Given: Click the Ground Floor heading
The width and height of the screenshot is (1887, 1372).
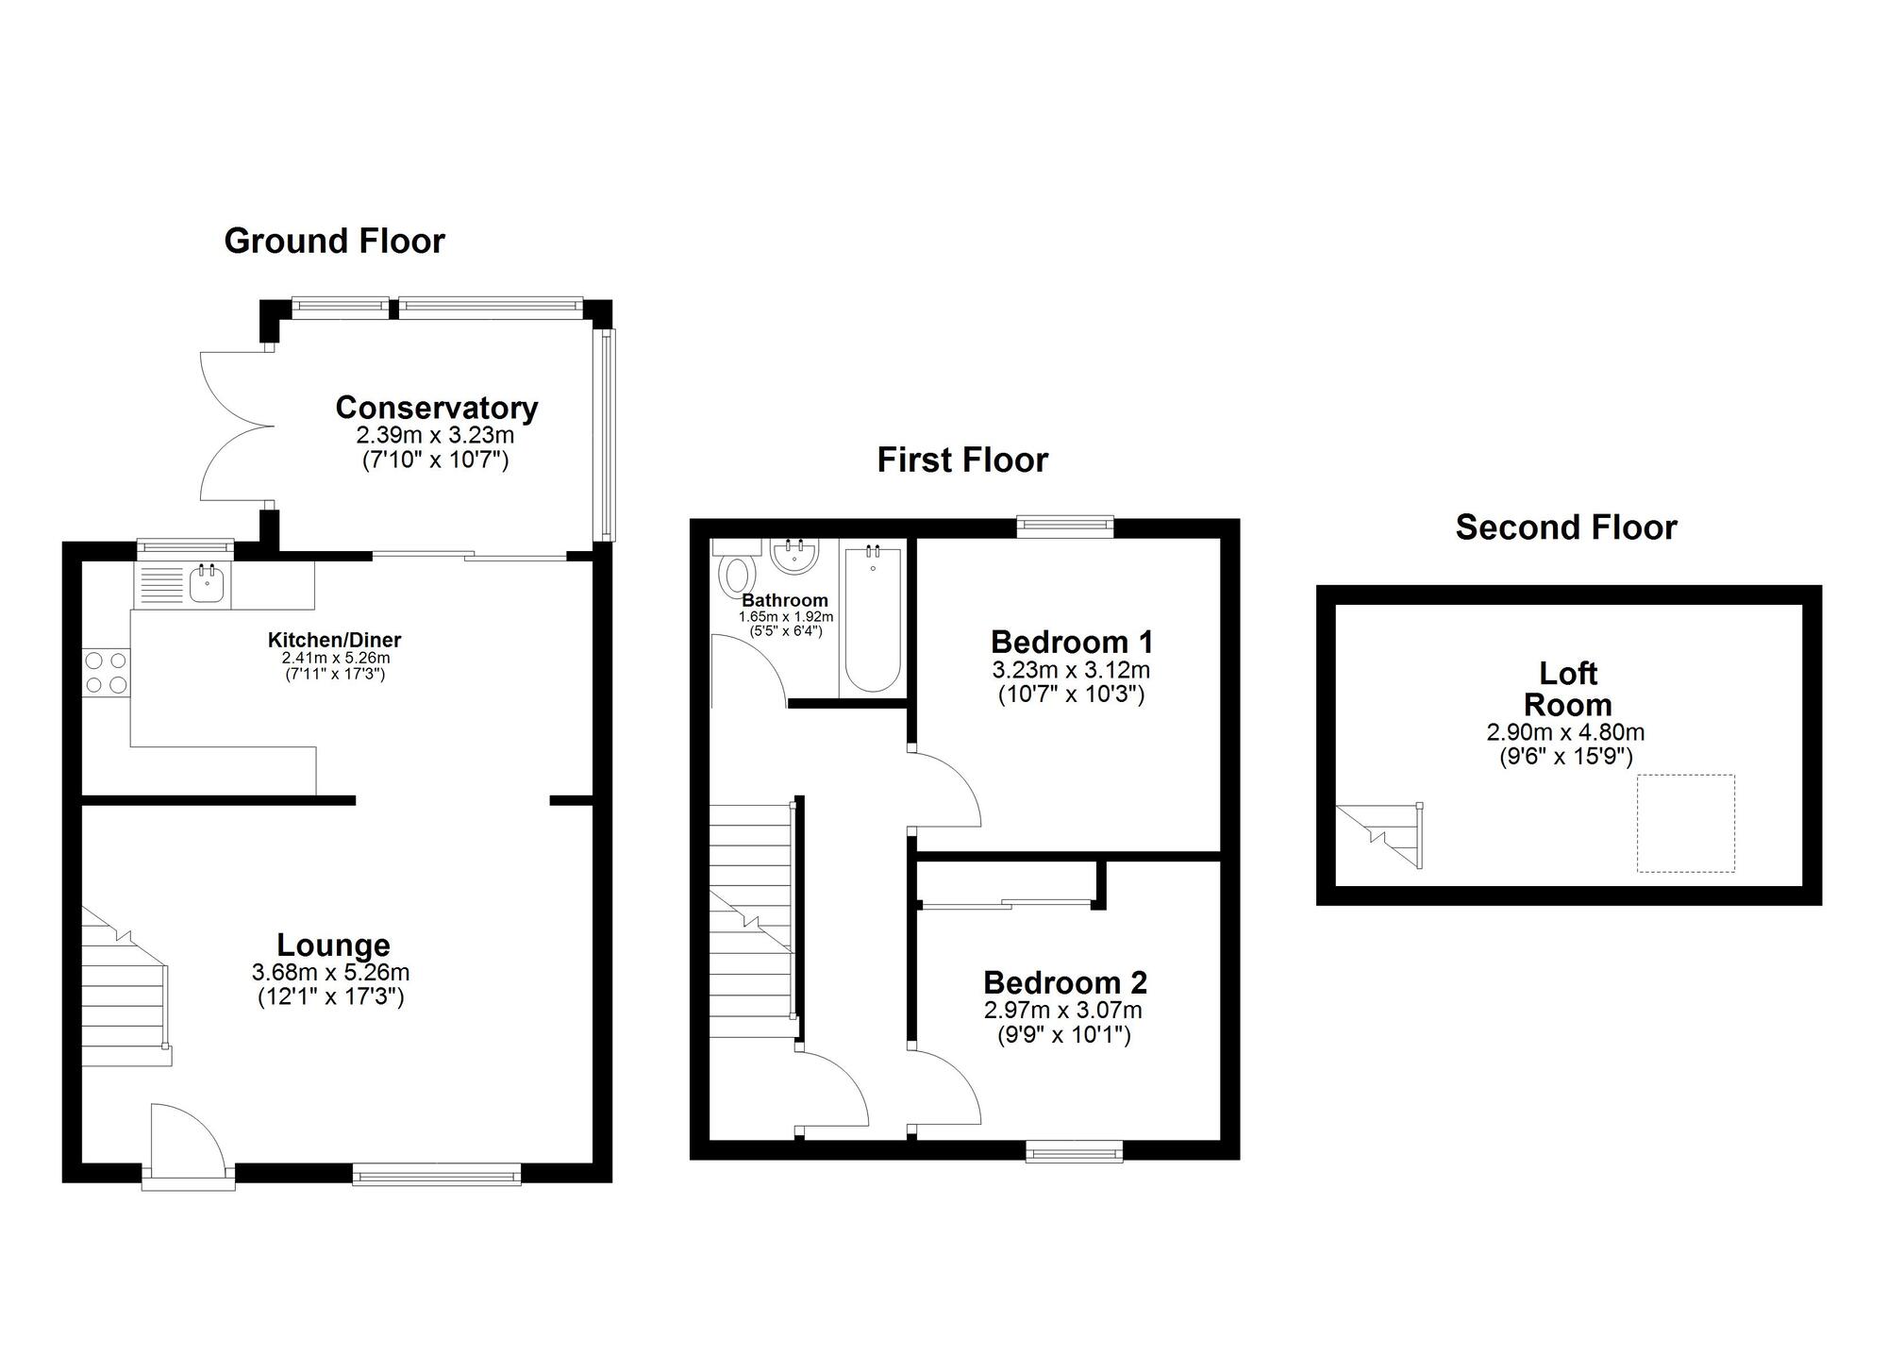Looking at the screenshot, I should [x=334, y=242].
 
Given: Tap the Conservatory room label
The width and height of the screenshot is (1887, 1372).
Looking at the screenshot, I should [x=436, y=408].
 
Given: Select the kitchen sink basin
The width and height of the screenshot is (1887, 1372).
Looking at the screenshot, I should [x=208, y=586].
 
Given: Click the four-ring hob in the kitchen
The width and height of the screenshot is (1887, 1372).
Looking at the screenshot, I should [x=107, y=673].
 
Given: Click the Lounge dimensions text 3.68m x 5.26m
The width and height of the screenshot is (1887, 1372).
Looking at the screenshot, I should [x=330, y=972].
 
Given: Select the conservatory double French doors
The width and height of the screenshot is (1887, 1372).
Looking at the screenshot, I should [x=236, y=427].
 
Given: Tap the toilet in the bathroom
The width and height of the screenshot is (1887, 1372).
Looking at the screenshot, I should [x=736, y=572].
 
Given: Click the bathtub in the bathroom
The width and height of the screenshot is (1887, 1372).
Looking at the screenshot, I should [x=873, y=620].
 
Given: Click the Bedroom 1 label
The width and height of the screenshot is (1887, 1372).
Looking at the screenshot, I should [x=1071, y=643].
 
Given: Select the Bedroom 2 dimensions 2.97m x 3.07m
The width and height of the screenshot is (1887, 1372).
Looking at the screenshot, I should [x=1063, y=1011].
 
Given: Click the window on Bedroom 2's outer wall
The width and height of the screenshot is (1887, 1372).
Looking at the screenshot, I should [x=1075, y=1150].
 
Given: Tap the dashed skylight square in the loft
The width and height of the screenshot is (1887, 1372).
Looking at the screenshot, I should [x=1685, y=823].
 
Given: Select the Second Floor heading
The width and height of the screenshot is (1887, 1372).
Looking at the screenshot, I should [x=1565, y=527].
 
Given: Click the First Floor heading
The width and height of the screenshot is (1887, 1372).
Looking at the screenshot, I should [x=962, y=460].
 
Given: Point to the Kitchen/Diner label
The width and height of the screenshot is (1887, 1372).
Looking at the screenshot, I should [x=334, y=641].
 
